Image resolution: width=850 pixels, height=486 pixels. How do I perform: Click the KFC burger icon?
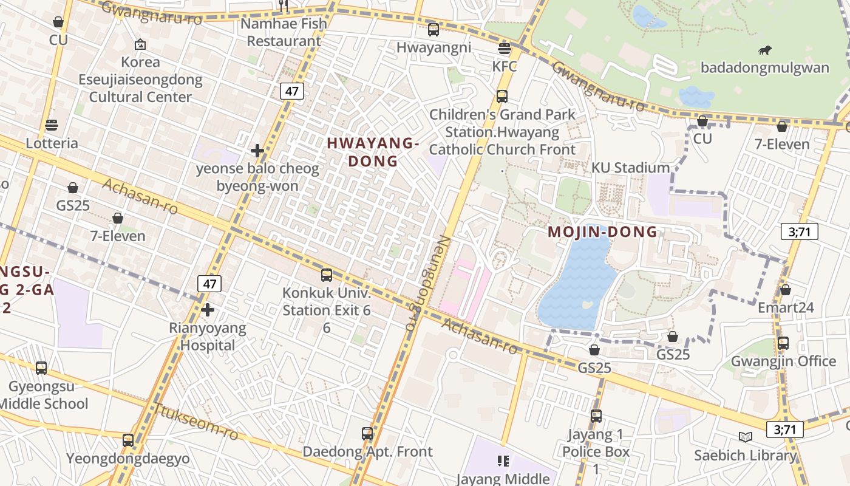(x=505, y=48)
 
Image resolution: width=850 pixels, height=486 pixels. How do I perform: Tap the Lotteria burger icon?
(x=52, y=125)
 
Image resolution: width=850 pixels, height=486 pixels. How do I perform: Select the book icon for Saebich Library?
(x=745, y=437)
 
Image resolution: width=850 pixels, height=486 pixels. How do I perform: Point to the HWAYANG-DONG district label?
(x=373, y=152)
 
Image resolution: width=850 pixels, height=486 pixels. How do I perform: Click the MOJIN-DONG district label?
(x=602, y=231)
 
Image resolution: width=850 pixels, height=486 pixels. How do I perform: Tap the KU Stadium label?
(x=630, y=168)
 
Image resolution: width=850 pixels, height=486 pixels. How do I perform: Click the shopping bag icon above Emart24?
(x=785, y=290)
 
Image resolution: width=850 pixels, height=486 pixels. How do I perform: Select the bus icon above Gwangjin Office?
(x=783, y=343)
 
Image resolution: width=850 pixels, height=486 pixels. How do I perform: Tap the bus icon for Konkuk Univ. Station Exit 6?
(x=327, y=275)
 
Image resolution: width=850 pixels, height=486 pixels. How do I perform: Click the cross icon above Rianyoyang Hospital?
(x=208, y=310)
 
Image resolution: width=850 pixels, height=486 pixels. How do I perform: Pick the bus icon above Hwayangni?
(x=433, y=30)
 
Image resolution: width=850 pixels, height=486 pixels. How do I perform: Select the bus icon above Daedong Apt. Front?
(x=367, y=434)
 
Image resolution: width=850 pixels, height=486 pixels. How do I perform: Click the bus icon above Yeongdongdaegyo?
(x=127, y=440)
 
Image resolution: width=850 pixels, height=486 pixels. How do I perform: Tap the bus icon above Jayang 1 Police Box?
(x=596, y=416)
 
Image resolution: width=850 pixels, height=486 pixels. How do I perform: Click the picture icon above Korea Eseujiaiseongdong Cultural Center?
(x=140, y=44)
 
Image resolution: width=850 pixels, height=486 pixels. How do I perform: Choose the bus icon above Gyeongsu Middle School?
(x=41, y=368)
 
